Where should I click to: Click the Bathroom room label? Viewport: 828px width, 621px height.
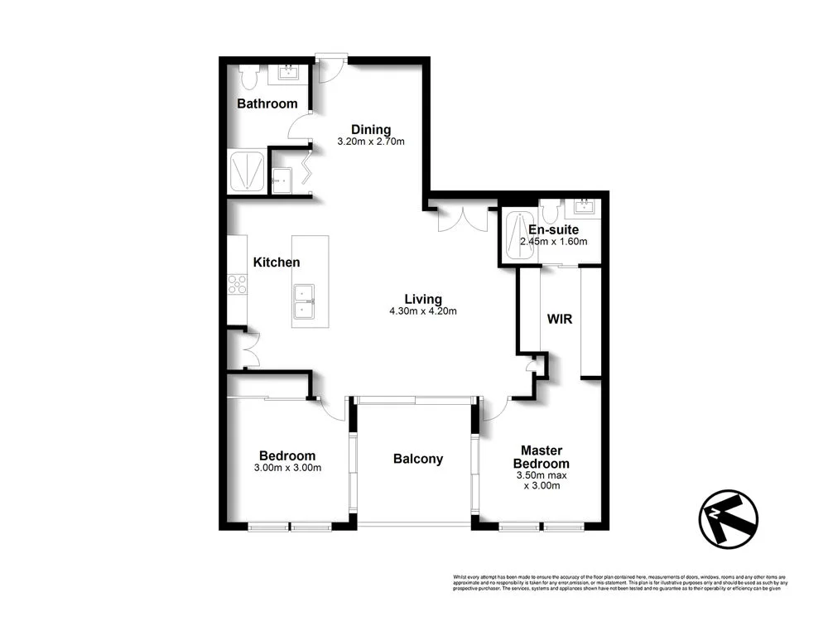tap(267, 103)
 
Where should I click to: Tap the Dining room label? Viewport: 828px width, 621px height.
tap(370, 129)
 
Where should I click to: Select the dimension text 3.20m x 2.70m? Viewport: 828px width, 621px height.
tap(370, 142)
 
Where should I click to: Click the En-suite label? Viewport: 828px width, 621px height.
tap(554, 229)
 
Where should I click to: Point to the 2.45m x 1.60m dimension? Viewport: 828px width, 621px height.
tap(553, 242)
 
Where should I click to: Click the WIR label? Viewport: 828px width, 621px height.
tap(561, 319)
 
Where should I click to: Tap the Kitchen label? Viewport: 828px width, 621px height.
tap(276, 262)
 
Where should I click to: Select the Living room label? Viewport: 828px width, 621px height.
tap(422, 299)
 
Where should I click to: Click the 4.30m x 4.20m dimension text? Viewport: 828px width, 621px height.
tap(422, 311)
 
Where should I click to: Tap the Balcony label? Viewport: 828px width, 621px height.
tap(417, 459)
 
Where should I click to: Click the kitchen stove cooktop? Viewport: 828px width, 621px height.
tap(238, 283)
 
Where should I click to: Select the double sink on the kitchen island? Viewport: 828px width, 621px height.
tap(302, 301)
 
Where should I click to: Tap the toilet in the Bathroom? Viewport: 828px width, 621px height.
tap(248, 77)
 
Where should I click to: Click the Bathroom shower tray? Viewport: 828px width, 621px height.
tap(248, 171)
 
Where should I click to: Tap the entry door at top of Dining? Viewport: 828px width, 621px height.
tap(330, 66)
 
